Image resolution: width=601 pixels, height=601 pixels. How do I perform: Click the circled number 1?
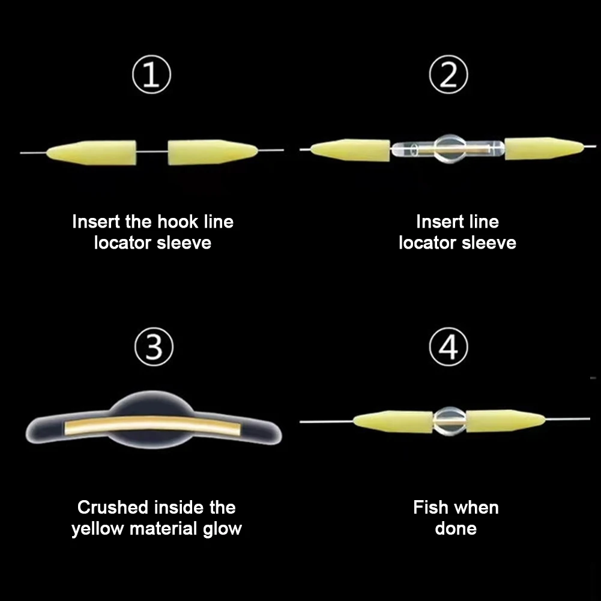152,76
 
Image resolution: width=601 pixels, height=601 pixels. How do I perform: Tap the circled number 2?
450,76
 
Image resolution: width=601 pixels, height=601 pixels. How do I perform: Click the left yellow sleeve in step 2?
351,150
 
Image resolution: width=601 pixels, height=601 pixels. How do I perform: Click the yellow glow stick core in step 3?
154,424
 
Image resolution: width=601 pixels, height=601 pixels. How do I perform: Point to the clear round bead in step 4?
449,421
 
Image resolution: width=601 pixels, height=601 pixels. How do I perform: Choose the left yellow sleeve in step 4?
394,421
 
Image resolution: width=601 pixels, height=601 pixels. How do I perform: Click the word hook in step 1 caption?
176,222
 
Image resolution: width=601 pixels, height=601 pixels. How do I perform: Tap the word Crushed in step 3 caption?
113,508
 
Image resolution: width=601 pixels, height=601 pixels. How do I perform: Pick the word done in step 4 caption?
456,529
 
